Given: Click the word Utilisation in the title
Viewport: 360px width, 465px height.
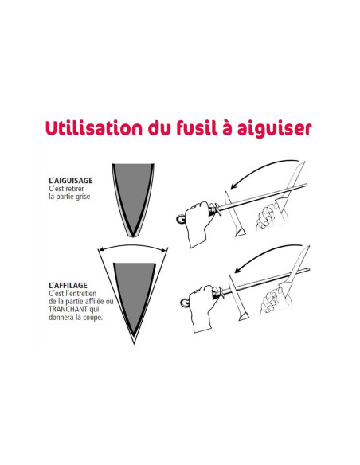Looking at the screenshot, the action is [x=94, y=128].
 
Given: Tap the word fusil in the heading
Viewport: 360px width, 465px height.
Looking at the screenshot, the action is [x=198, y=127].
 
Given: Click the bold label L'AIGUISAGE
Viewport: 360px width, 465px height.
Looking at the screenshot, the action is [x=71, y=180].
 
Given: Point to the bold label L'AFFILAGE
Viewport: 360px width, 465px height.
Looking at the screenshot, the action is [x=68, y=285].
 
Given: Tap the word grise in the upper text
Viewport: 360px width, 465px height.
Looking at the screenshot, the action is [x=83, y=197].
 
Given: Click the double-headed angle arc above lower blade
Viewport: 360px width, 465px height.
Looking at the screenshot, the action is [x=132, y=246].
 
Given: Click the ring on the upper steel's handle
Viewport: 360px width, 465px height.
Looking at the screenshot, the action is [x=180, y=220].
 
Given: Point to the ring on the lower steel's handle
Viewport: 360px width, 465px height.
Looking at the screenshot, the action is [x=185, y=303].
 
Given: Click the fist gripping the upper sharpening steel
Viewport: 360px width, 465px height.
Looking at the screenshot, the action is [x=199, y=222].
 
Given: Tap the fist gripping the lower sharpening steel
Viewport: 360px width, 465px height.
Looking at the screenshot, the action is [x=203, y=307].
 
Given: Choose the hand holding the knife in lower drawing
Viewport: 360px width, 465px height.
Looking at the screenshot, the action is [x=276, y=299].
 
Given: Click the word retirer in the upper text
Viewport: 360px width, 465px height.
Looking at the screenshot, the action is [x=75, y=189].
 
